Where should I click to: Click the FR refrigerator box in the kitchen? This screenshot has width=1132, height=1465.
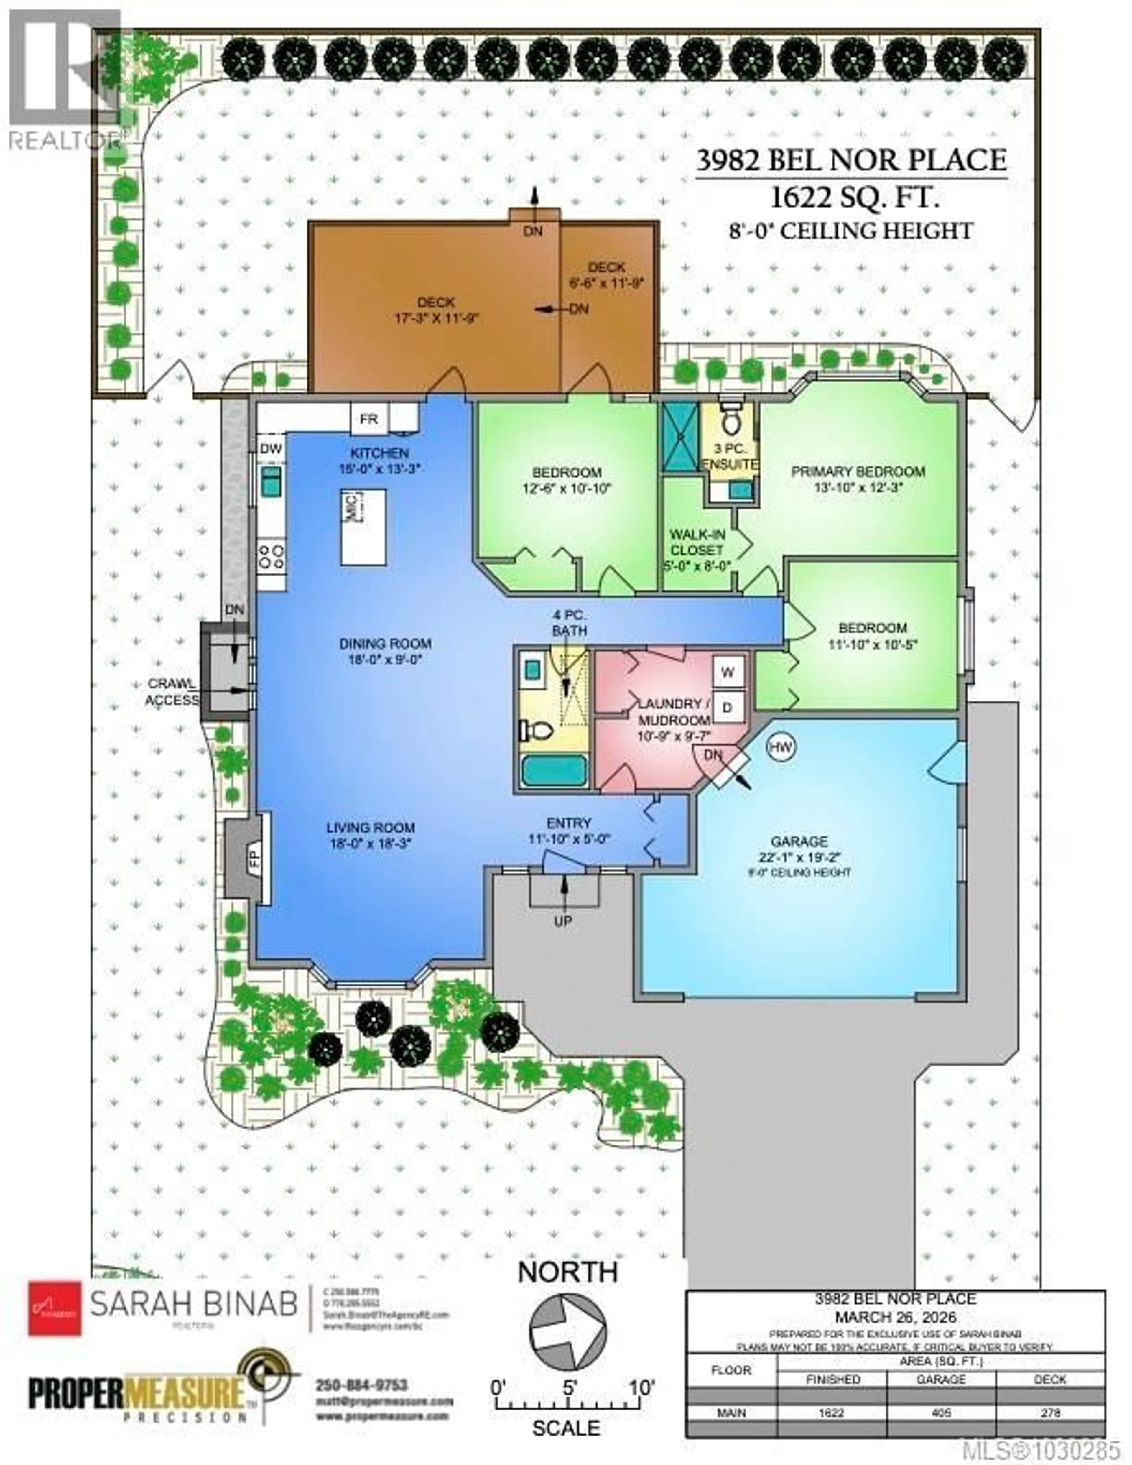click(368, 419)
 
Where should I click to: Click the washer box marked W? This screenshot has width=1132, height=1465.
click(728, 671)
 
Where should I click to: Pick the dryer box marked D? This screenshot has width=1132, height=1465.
click(728, 707)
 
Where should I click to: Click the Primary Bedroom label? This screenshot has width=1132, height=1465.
click(858, 471)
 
